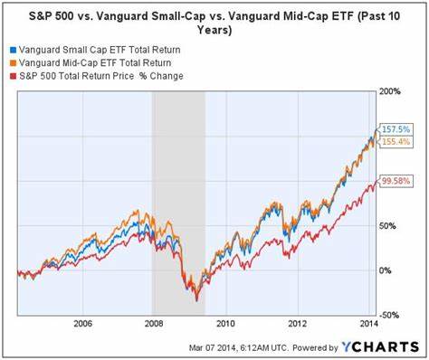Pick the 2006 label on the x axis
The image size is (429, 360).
click(x=82, y=323)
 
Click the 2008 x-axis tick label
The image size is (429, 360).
click(x=154, y=323)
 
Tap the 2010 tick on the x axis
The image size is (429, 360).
click(x=225, y=323)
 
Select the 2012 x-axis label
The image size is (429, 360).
click(x=297, y=323)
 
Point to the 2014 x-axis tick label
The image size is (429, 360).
click(x=368, y=323)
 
